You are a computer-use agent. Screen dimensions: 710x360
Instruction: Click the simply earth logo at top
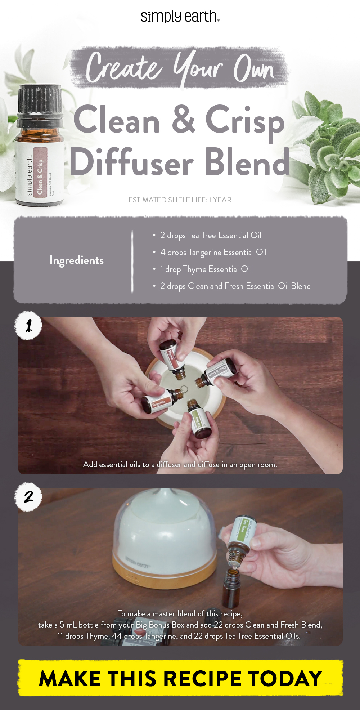click(x=180, y=16)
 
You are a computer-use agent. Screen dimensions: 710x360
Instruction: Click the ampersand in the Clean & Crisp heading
click(x=184, y=119)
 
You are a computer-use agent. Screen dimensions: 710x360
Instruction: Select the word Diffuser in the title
click(x=132, y=162)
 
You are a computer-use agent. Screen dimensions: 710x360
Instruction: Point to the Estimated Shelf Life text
click(x=180, y=200)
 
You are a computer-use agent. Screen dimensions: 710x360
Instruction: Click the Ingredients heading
click(x=76, y=260)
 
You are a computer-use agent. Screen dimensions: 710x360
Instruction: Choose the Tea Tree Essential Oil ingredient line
click(x=210, y=235)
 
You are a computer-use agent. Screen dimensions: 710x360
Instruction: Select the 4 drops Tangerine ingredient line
click(x=213, y=252)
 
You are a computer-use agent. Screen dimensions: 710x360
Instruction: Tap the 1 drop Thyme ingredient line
click(x=206, y=269)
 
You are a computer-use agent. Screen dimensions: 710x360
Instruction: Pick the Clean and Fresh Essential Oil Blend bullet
click(x=235, y=286)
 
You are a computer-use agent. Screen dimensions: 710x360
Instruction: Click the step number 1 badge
click(x=29, y=326)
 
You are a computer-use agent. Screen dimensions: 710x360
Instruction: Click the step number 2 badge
click(x=29, y=497)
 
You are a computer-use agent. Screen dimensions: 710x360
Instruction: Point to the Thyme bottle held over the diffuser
click(x=172, y=358)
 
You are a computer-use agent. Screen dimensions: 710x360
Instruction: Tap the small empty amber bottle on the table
click(x=231, y=587)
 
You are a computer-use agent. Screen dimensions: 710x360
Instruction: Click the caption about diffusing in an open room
click(x=180, y=465)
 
